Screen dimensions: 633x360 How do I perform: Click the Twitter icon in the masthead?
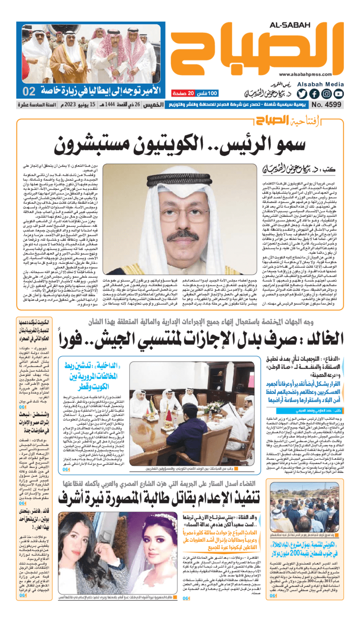click(x=302, y=94)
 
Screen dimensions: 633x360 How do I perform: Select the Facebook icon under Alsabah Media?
click(x=314, y=94)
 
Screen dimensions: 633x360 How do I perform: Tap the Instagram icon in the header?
click(x=326, y=94)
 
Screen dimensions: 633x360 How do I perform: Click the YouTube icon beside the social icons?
click(x=338, y=94)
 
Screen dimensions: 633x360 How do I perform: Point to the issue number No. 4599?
click(x=326, y=105)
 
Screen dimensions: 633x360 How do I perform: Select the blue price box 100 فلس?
click(x=207, y=93)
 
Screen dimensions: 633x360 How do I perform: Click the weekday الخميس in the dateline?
click(x=155, y=105)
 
